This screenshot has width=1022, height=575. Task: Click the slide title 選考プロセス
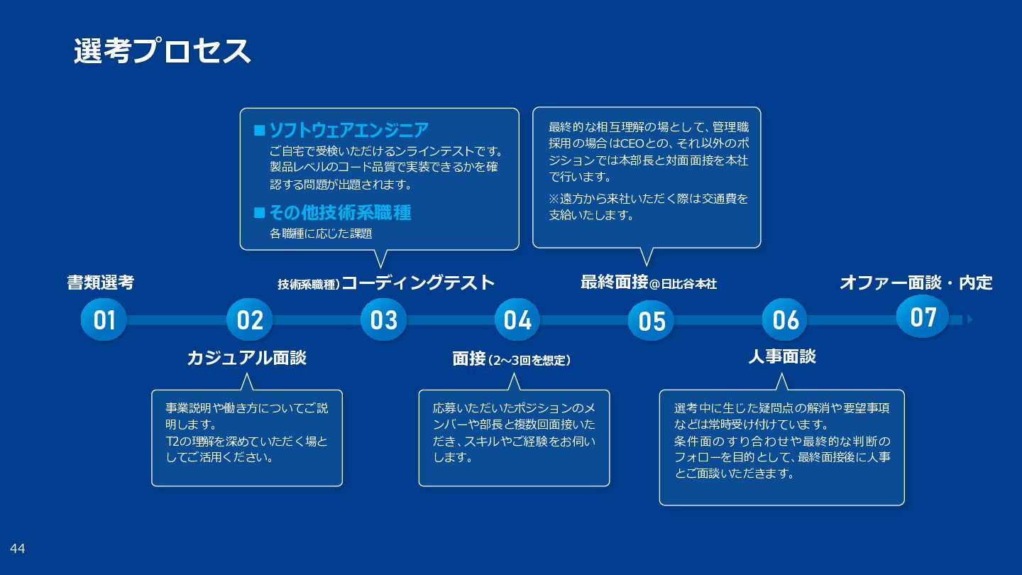(x=162, y=51)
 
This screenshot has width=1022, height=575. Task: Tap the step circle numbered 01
(x=104, y=320)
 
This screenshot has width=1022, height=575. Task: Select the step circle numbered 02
(x=250, y=320)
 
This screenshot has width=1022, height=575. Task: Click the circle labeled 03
(x=383, y=320)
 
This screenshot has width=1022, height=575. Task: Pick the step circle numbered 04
(x=517, y=320)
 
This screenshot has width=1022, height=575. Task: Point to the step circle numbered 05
(x=652, y=321)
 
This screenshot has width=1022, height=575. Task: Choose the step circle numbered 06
(x=786, y=320)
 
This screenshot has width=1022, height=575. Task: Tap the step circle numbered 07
(x=923, y=317)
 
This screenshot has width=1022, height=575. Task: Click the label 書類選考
(x=100, y=283)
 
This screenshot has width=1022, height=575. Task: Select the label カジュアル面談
(x=246, y=358)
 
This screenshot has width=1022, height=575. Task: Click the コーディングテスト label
(x=418, y=283)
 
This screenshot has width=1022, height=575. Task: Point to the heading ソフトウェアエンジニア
(x=348, y=130)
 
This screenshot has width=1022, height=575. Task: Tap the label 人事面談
(x=781, y=356)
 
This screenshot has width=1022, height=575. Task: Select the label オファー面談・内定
(x=916, y=283)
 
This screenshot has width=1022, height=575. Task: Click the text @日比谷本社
(x=683, y=284)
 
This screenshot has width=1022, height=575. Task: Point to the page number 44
(x=18, y=548)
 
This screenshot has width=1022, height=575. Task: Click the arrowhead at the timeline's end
(x=969, y=319)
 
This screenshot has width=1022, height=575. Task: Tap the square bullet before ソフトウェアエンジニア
(x=259, y=131)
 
